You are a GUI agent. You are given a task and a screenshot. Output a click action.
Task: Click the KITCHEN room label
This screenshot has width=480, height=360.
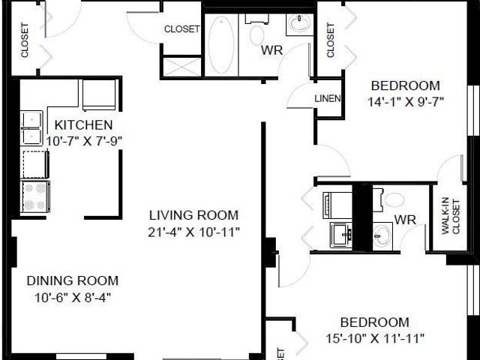click(84, 124)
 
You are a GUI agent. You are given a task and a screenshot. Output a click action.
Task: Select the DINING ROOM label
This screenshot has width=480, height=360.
click(72, 281)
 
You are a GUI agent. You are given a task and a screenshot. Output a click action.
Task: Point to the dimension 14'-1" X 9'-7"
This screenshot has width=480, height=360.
click(407, 101)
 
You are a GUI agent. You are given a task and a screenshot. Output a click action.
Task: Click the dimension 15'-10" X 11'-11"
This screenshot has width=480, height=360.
click(376, 337)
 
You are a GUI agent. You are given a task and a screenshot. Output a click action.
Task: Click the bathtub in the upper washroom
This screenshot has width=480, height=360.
click(220, 46)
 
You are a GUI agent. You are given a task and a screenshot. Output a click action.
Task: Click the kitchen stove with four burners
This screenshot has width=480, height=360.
click(35, 196)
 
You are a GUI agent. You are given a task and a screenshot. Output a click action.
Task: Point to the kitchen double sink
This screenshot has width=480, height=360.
click(31, 127)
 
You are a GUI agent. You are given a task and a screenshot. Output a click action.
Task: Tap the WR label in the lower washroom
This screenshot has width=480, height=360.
click(405, 220)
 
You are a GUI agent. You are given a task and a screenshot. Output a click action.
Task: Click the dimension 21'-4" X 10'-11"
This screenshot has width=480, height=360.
click(193, 232)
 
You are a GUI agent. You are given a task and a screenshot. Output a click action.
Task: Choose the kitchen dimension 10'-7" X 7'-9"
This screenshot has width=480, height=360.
click(84, 140)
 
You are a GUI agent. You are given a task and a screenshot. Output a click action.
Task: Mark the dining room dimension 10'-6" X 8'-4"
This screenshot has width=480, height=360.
click(72, 297)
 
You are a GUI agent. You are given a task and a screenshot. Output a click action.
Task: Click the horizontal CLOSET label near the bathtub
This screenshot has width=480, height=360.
click(182, 29)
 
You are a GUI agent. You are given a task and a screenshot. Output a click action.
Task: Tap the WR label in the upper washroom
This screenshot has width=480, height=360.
click(271, 51)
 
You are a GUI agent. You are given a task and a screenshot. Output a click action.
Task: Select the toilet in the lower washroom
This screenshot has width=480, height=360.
click(392, 200)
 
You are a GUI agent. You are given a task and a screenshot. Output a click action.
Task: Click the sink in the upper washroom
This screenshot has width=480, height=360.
click(300, 24)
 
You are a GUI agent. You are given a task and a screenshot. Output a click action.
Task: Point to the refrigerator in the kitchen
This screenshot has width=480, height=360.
click(99, 94)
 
